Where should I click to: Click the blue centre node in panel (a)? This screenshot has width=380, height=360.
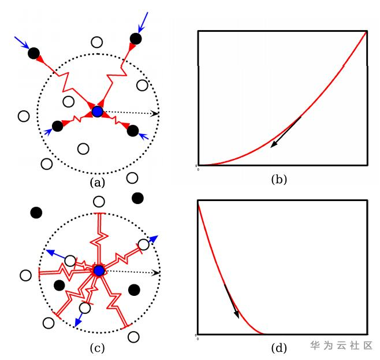point(98,111)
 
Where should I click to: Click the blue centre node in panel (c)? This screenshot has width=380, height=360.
point(99,270)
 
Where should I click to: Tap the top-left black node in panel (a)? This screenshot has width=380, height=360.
point(33,54)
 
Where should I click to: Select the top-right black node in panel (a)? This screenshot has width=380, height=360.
point(136,39)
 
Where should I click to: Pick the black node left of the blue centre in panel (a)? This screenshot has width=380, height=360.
point(57,125)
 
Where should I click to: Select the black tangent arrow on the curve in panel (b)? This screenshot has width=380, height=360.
point(286,132)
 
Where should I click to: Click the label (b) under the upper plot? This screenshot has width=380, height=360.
point(279,179)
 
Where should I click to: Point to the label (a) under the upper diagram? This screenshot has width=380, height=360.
point(97,183)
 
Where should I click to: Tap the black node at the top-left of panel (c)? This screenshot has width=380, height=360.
point(36,213)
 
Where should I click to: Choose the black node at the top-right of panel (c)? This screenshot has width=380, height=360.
point(137,198)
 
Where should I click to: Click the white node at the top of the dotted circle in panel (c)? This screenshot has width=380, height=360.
point(99,202)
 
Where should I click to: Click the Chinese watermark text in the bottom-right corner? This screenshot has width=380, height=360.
point(341,346)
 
